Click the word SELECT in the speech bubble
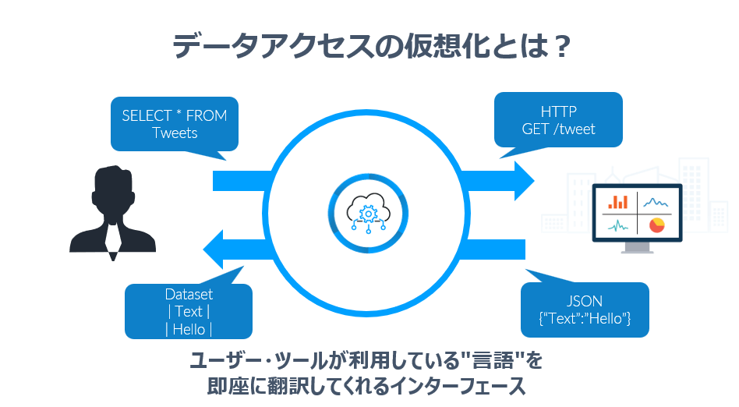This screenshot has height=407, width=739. (144, 115)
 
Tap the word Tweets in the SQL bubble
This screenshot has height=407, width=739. (175, 133)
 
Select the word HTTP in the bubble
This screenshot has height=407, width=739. (558, 111)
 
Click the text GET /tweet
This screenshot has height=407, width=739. (558, 129)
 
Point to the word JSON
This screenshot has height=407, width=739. (585, 301)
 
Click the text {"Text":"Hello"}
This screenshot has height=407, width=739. (585, 319)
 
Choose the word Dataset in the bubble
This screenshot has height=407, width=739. (189, 295)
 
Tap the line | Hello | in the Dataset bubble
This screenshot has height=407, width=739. (189, 329)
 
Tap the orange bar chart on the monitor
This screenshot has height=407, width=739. (617, 202)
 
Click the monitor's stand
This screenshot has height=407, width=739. (638, 247)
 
